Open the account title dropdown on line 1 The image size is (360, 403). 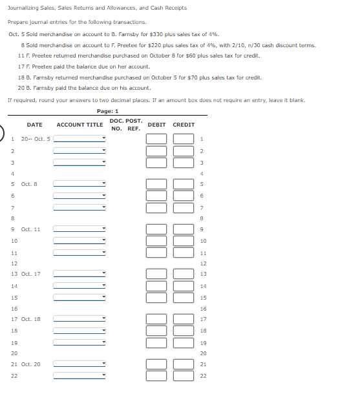79,139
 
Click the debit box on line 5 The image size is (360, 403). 156,184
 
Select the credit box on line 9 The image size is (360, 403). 184,229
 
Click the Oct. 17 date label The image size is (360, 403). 30,274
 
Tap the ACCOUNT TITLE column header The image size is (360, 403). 79,125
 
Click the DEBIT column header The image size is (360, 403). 156,125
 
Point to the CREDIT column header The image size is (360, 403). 184,125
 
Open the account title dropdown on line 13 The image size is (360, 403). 79,274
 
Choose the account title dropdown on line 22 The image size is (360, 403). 79,376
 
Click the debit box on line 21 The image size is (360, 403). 156,364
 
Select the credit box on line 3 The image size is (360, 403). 184,161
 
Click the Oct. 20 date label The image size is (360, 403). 30,364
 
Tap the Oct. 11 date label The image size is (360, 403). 30,229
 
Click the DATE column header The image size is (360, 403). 35,125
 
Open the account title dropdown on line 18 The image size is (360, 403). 79,331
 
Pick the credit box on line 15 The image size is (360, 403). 184,297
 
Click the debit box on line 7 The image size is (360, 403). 156,207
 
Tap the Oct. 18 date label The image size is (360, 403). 30,319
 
